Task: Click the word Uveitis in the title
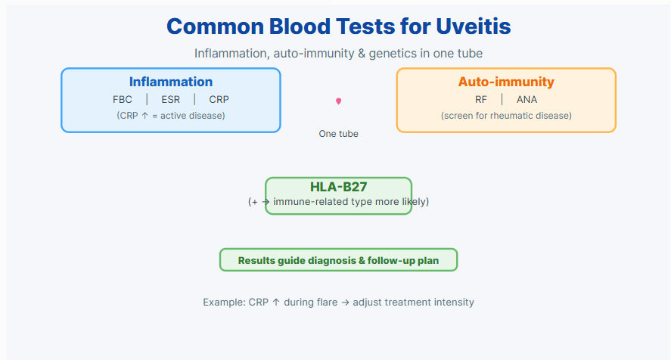point(474,26)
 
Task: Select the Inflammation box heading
point(171,82)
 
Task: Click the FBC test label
point(123,100)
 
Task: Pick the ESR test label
point(171,100)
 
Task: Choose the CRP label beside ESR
point(219,100)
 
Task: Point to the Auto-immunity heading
point(506,82)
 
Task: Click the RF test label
point(481,100)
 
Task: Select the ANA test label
point(527,100)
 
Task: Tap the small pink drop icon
point(338,101)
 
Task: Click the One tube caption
point(338,134)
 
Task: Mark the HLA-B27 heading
point(338,187)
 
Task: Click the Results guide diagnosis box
point(338,260)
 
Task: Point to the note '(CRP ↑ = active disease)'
point(171,116)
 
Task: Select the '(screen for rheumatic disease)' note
point(506,116)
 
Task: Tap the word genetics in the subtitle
point(393,54)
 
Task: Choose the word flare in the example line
point(327,303)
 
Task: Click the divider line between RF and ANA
point(502,99)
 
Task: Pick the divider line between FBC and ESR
point(147,99)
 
